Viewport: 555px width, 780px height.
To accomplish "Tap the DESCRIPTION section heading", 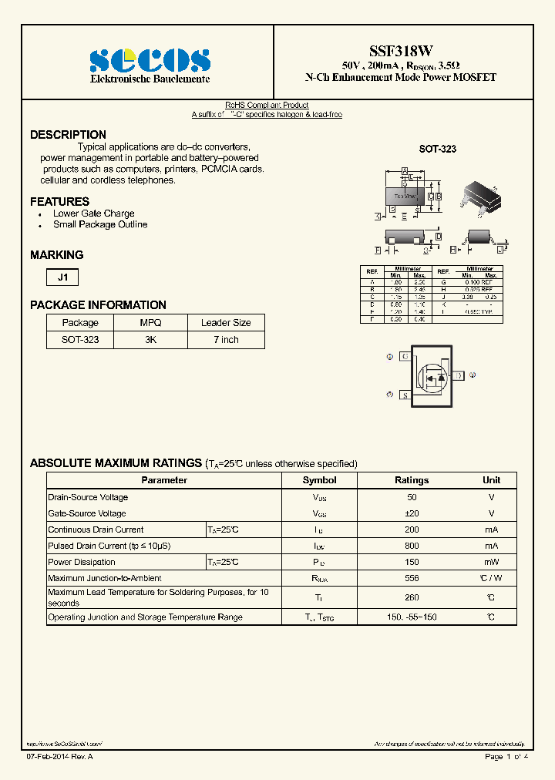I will click(x=68, y=135).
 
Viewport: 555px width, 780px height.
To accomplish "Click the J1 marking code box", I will click(x=62, y=277).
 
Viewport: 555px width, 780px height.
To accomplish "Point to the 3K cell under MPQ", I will click(x=150, y=340).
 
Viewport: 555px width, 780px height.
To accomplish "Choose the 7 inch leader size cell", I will click(x=226, y=340).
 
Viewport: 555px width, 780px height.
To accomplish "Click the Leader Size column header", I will click(x=226, y=323).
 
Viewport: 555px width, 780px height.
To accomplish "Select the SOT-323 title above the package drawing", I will click(x=437, y=150).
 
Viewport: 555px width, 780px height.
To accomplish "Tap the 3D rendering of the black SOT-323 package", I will click(x=481, y=196).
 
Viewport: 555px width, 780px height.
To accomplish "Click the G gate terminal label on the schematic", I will click(x=404, y=356).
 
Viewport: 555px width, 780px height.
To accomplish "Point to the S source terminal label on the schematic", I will click(x=404, y=395).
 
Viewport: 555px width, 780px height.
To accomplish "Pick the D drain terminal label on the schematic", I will click(x=458, y=375).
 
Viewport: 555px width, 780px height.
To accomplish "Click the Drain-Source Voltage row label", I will click(x=88, y=497).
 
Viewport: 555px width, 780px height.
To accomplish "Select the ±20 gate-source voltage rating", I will click(x=412, y=513).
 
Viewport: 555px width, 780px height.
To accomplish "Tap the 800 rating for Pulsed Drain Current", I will click(x=412, y=546).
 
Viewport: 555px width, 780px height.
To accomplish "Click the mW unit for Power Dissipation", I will click(x=491, y=562).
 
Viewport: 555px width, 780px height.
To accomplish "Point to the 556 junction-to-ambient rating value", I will click(x=412, y=578).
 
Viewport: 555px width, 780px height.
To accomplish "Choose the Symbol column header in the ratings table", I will click(x=319, y=480).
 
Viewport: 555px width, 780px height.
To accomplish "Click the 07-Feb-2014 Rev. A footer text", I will click(x=59, y=758).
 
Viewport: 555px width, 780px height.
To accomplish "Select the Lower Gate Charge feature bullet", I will click(x=93, y=213).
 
